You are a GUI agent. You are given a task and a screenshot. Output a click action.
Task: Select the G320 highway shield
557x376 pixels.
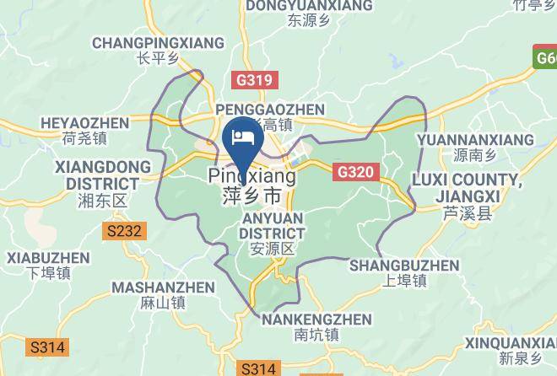(354, 172)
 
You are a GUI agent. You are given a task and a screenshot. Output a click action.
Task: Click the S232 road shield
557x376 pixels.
(125, 229)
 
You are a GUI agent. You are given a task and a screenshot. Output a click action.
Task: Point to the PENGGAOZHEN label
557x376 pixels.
(270, 110)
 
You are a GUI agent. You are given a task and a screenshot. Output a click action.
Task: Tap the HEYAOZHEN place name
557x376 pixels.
(84, 124)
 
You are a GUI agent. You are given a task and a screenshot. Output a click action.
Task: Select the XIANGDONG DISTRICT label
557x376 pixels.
(97, 175)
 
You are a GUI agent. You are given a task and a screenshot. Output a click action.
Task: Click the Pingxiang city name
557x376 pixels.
(251, 178)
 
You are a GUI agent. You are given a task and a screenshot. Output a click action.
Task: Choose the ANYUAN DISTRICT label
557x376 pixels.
(272, 225)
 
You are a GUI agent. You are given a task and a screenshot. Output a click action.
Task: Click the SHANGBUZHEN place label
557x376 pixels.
(404, 266)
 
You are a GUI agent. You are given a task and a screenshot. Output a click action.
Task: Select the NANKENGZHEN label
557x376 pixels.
(316, 320)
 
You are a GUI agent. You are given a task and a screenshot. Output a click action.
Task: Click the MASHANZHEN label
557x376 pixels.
(163, 287)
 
